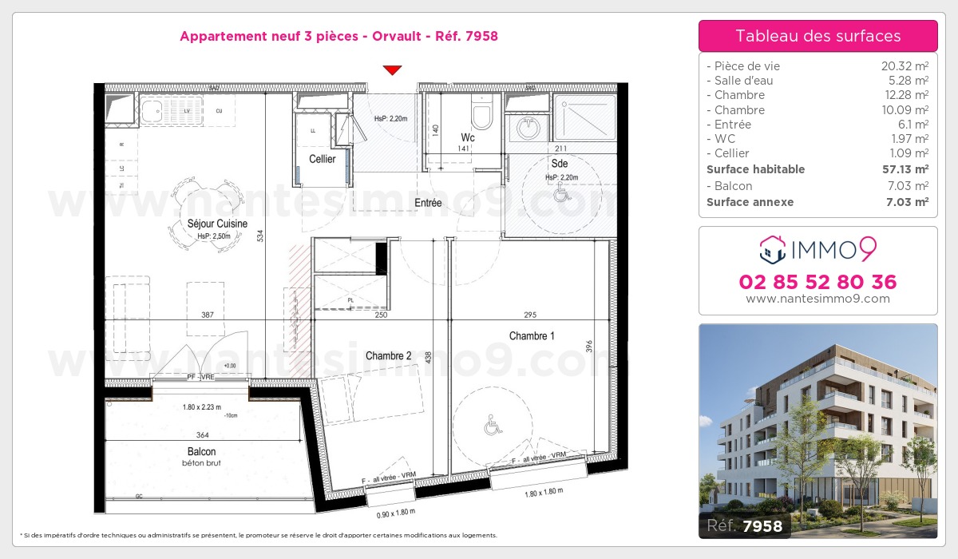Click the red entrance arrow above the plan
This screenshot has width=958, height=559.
(391, 70)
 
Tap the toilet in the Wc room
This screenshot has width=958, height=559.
(481, 116)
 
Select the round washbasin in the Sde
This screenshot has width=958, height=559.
(527, 127)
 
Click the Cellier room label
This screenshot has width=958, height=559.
(323, 159)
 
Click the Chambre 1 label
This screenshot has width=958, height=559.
(532, 336)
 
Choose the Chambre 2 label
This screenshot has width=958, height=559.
(388, 355)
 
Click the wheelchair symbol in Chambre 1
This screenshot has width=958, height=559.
(492, 427)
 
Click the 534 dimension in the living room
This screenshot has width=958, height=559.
(259, 236)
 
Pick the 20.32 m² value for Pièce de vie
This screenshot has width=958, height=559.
(904, 66)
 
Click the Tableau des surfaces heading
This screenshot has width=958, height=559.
(817, 36)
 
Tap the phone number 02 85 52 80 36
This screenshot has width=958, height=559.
(817, 282)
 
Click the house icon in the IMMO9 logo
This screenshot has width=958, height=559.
(772, 249)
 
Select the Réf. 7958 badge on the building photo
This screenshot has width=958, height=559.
(746, 525)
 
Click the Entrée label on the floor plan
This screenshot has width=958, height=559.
(428, 203)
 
